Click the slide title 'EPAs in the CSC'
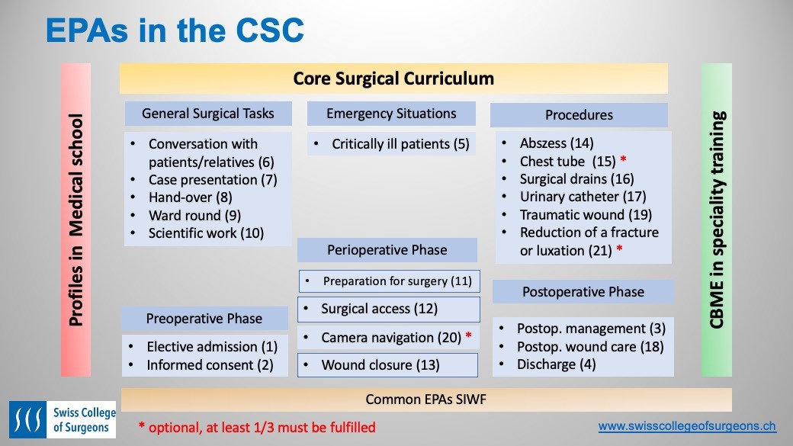175,31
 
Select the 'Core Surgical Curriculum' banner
393,79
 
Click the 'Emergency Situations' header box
391,114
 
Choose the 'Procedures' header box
579,115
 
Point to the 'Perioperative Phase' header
387,250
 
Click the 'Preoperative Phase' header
204,319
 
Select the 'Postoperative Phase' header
583,292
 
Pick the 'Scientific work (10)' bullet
206,233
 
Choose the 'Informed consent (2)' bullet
210,365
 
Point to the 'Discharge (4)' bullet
546,364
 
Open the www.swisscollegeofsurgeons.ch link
687,426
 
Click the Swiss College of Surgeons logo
62,420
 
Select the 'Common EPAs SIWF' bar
425,399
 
